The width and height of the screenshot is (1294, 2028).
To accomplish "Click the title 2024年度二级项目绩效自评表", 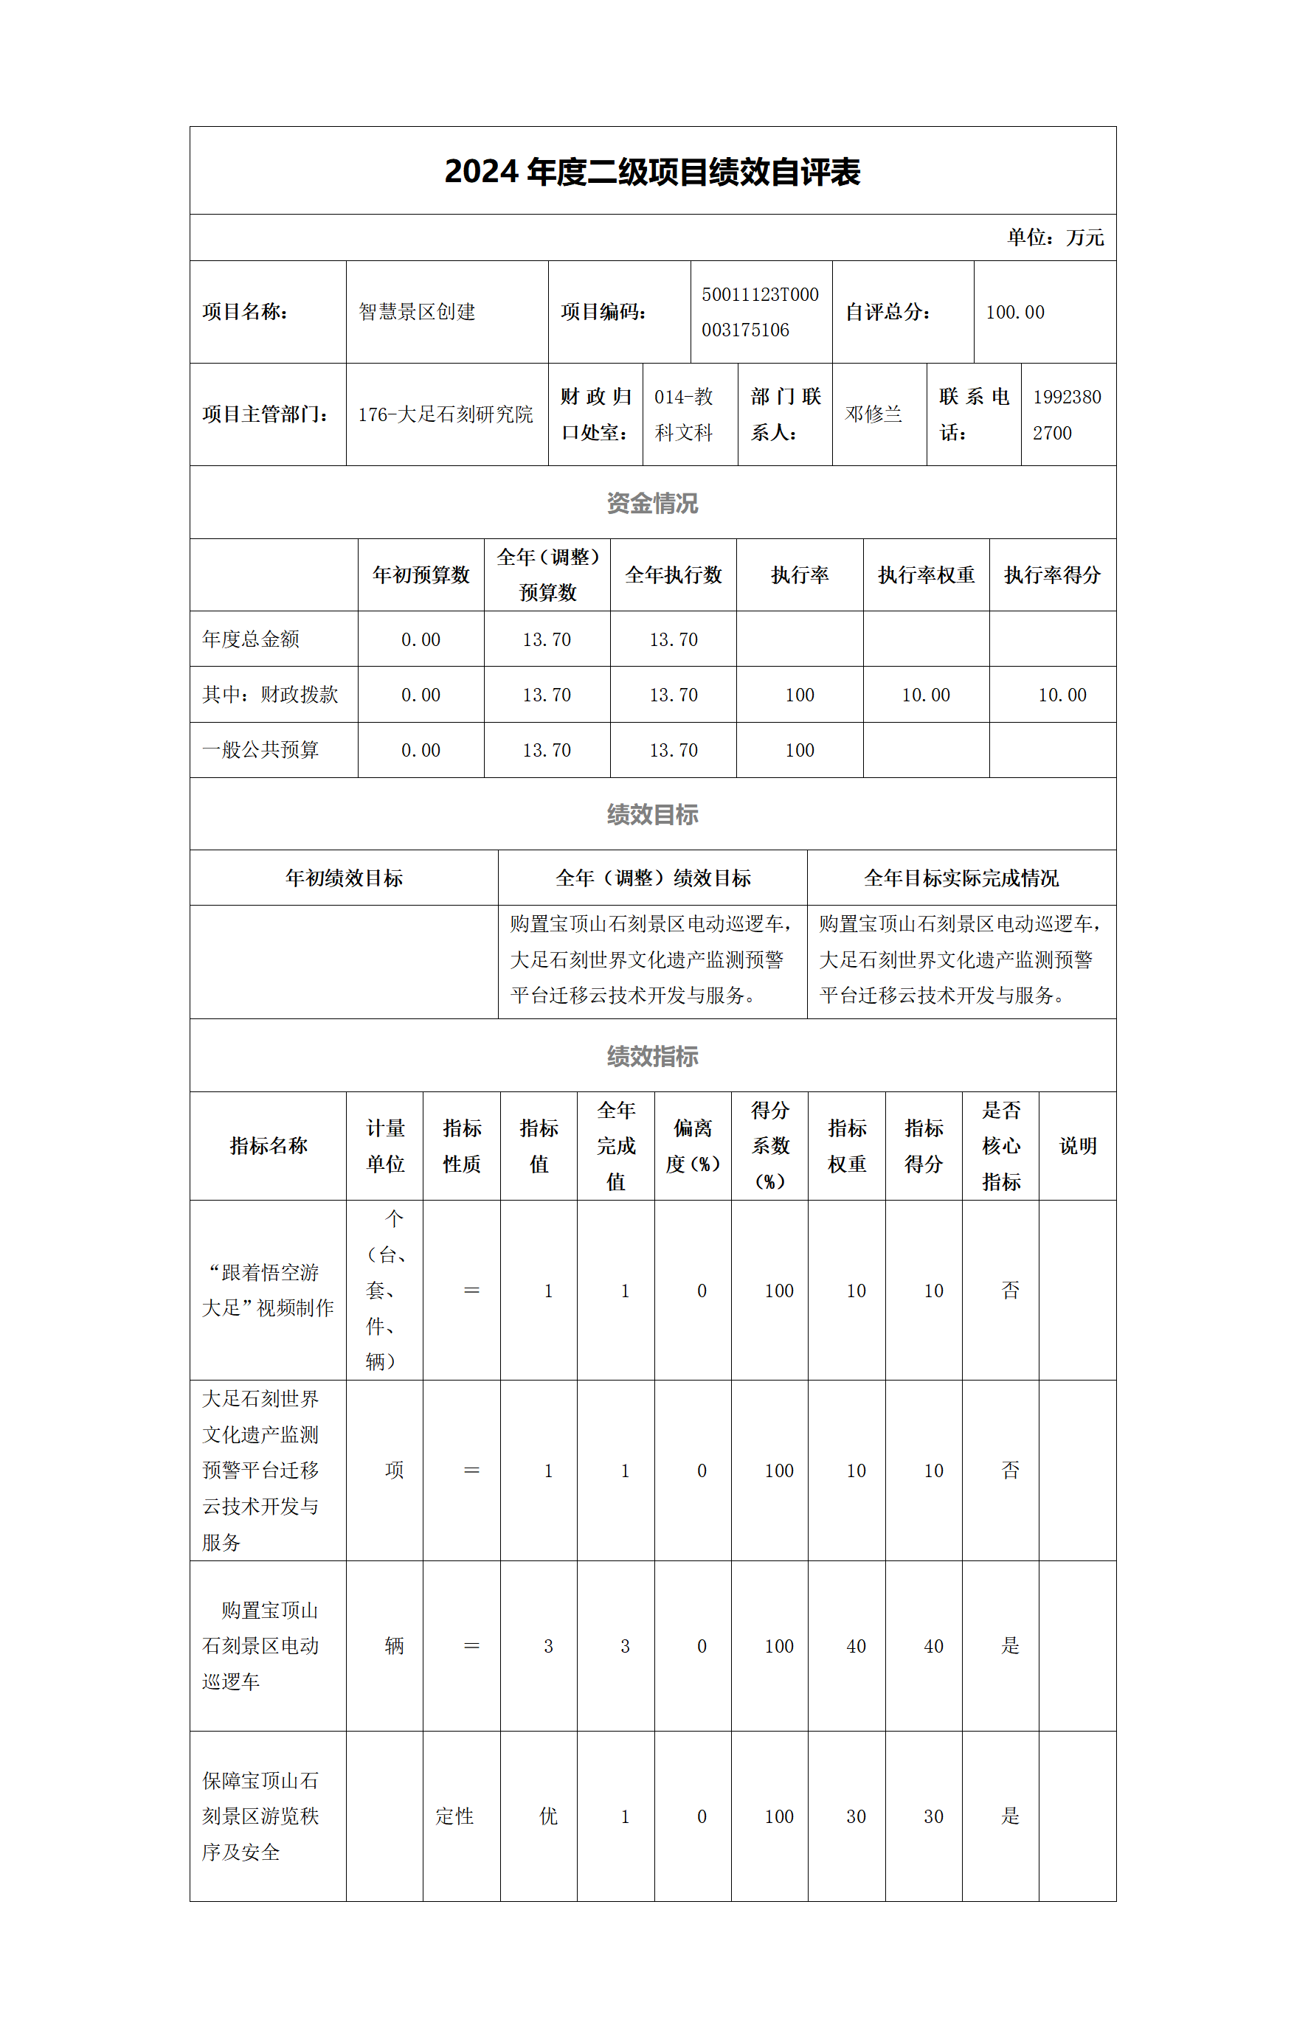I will pyautogui.click(x=652, y=172).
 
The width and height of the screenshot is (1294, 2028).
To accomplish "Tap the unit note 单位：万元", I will pyautogui.click(x=1055, y=237).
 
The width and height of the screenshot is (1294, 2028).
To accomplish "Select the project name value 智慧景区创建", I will pyautogui.click(x=417, y=312).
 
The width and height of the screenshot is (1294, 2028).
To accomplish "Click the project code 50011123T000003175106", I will pyautogui.click(x=760, y=312).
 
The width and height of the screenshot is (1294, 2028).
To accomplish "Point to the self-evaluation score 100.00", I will pyautogui.click(x=1015, y=313).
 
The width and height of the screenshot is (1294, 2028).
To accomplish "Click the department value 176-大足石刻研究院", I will pyautogui.click(x=446, y=414).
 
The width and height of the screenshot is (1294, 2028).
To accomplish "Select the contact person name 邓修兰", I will pyautogui.click(x=873, y=414).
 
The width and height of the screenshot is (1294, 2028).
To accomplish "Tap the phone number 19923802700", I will pyautogui.click(x=1067, y=414).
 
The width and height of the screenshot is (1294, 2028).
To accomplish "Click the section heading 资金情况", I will pyautogui.click(x=652, y=503).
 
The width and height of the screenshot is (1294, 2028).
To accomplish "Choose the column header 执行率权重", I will pyautogui.click(x=926, y=575).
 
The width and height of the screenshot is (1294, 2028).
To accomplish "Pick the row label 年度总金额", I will pyautogui.click(x=251, y=639).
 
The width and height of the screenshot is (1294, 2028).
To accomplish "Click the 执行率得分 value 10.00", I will pyautogui.click(x=1062, y=695).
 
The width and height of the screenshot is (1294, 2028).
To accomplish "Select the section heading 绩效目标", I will pyautogui.click(x=652, y=814).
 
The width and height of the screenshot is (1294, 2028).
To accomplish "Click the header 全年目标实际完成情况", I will pyautogui.click(x=961, y=878).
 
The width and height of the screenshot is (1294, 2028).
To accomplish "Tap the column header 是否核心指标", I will pyautogui.click(x=1001, y=1146).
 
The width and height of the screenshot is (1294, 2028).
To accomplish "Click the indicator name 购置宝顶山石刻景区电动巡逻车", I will pyautogui.click(x=261, y=1646).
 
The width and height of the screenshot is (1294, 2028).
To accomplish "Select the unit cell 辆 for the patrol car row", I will pyautogui.click(x=394, y=1646).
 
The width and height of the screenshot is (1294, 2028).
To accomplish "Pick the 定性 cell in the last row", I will pyautogui.click(x=455, y=1816).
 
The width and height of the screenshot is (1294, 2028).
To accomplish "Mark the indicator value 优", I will pyautogui.click(x=548, y=1816).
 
